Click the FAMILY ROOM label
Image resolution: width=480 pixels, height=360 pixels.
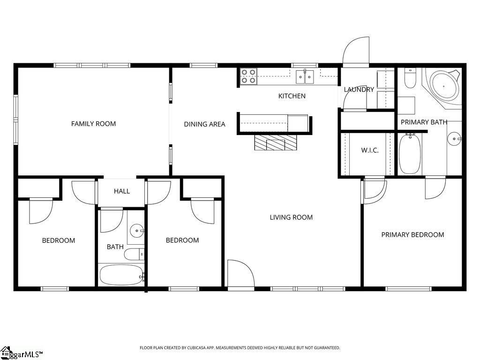click(93, 124)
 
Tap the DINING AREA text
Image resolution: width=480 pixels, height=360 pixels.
click(204, 124)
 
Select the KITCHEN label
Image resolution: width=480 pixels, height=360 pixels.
click(292, 96)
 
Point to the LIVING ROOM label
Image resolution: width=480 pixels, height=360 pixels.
click(291, 217)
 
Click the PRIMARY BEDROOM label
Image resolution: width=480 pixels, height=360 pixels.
click(412, 235)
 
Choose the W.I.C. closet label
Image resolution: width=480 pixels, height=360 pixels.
click(370, 150)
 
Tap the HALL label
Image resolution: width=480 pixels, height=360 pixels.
click(122, 191)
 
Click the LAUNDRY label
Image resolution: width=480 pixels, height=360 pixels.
click(359, 90)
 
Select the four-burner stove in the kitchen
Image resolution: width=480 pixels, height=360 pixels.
click(248, 76)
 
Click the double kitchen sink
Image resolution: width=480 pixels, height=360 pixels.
click(305, 77)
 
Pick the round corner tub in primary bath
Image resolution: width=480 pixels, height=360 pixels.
click(444, 86)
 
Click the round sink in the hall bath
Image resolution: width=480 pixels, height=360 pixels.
click(136, 231)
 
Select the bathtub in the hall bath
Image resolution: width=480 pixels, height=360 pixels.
click(122, 275)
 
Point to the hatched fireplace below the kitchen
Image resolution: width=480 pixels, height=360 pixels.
click(276, 142)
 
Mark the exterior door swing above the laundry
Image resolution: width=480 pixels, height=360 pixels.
click(356, 51)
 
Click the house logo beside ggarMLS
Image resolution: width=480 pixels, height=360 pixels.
click(6, 352)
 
